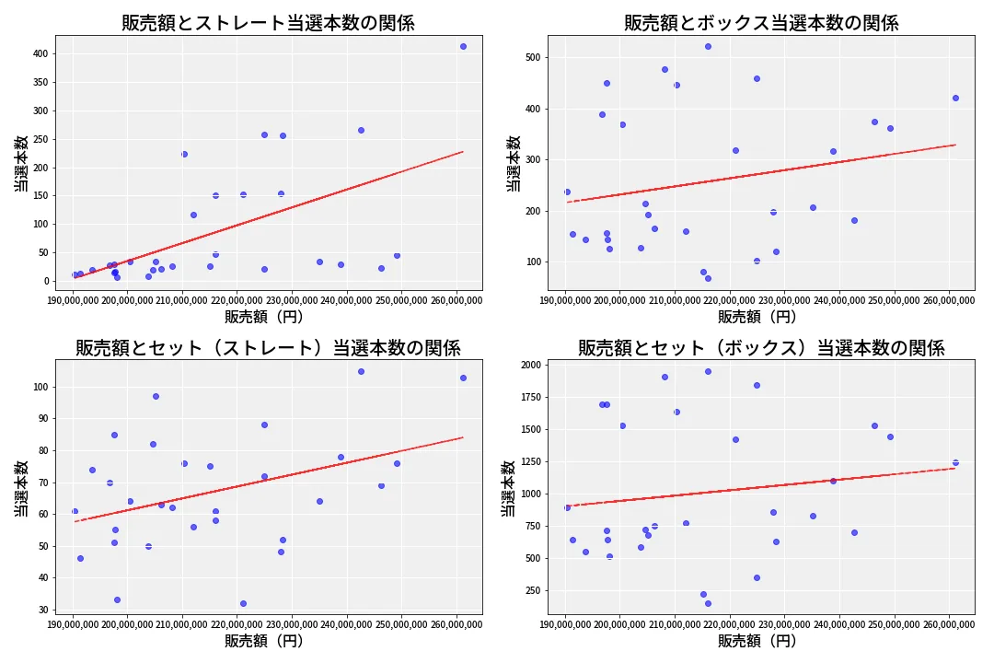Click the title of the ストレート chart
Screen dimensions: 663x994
pos(268,23)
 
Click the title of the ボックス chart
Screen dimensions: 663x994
pos(761,23)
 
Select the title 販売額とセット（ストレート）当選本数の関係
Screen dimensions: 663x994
pos(268,348)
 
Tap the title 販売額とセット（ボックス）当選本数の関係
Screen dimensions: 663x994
pos(761,348)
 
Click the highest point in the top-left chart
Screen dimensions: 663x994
pos(463,46)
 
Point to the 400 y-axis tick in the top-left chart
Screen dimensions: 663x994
pos(40,53)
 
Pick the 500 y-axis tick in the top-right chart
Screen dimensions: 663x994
pos(533,57)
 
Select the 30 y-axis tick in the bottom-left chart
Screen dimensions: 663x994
pos(42,610)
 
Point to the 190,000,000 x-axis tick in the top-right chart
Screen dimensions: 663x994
pos(565,299)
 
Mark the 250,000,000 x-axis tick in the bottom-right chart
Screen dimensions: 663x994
pos(895,624)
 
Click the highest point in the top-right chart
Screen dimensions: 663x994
pos(708,46)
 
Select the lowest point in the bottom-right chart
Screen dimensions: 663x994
pos(708,603)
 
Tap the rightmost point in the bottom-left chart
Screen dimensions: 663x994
pos(463,378)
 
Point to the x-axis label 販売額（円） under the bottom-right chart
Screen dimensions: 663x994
pos(757,641)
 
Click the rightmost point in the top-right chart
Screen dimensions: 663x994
pos(955,98)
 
